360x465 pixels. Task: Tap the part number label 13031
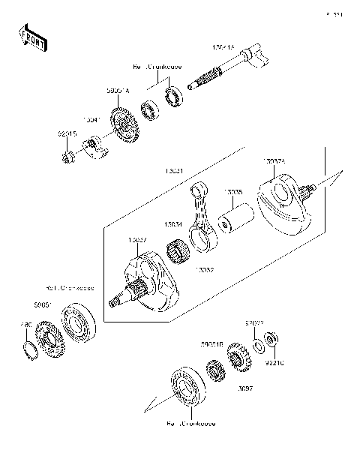coord(176,171)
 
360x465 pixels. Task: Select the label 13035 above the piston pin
coord(234,193)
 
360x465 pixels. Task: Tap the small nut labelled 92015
coord(66,156)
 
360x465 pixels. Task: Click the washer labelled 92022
coord(257,345)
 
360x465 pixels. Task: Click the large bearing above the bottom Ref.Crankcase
coord(183,387)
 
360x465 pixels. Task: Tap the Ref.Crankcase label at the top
coord(157,66)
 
